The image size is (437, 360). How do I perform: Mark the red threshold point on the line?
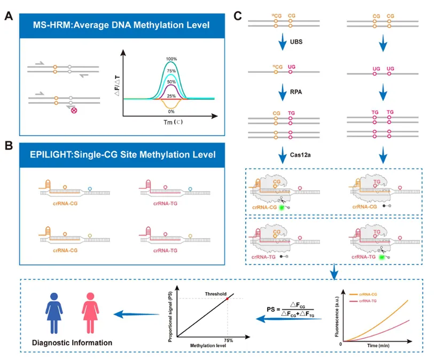tap(227, 298)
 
